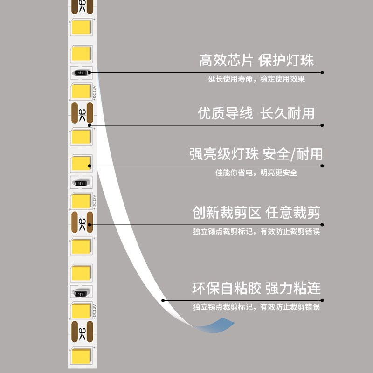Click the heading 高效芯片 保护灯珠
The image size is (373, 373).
pyautogui.click(x=256, y=60)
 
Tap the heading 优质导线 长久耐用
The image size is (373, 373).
pyautogui.click(x=256, y=113)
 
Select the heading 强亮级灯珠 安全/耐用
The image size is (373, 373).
pyautogui.click(x=256, y=154)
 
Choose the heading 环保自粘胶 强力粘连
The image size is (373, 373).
pyautogui.click(x=256, y=288)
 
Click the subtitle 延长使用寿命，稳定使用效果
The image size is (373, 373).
pyautogui.click(x=256, y=79)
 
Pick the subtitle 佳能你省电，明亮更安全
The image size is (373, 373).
pyautogui.click(x=256, y=173)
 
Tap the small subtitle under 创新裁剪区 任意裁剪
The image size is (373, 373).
pyautogui.click(x=256, y=231)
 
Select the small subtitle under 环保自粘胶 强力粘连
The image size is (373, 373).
pyautogui.click(x=256, y=307)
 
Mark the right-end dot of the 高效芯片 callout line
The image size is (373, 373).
pyautogui.click(x=322, y=72)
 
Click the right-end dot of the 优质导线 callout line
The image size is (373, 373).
pyautogui.click(x=322, y=125)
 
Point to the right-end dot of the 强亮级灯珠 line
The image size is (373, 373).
pyautogui.click(x=322, y=165)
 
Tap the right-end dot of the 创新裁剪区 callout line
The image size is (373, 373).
pyautogui.click(x=322, y=224)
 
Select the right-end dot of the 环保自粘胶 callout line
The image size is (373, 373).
pyautogui.click(x=322, y=300)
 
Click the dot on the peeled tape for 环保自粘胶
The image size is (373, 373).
pyautogui.click(x=163, y=300)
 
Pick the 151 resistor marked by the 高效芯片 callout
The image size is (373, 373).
pyautogui.click(x=81, y=73)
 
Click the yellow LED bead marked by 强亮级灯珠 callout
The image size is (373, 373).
pyautogui.click(x=80, y=163)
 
